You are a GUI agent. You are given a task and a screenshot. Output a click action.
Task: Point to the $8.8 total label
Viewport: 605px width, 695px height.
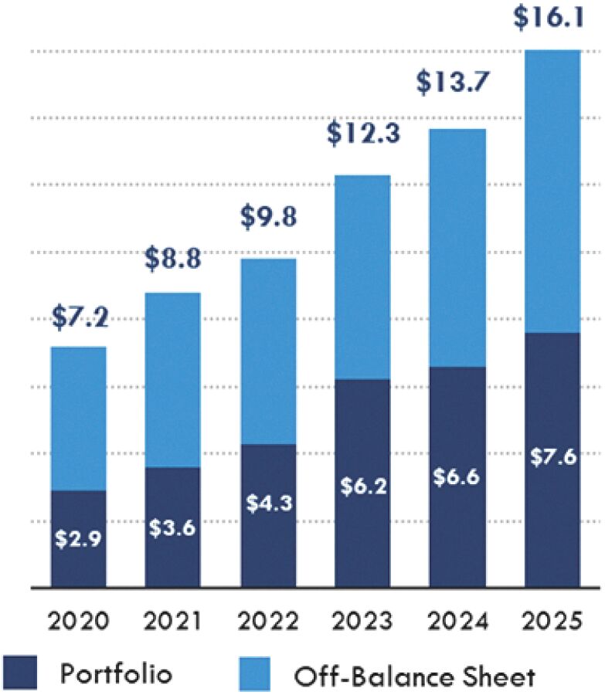tap(173, 259)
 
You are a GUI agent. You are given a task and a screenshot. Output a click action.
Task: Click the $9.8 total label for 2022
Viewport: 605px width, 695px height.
tap(267, 218)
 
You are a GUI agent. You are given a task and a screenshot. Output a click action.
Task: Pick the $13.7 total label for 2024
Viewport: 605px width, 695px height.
tap(457, 83)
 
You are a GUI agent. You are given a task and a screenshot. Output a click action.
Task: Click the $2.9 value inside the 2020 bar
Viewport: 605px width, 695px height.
tap(79, 537)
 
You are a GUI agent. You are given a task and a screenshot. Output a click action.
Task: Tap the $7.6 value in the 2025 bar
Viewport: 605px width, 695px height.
tap(552, 456)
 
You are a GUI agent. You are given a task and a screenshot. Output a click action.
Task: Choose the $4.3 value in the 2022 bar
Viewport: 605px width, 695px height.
tap(267, 502)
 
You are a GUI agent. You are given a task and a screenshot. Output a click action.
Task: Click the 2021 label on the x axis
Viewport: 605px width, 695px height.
tap(173, 621)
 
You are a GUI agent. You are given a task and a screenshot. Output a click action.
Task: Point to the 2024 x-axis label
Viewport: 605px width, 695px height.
tap(457, 621)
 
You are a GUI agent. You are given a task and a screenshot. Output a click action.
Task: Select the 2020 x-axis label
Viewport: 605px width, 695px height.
tap(79, 621)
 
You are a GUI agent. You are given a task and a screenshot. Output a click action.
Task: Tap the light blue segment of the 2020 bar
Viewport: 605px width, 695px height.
tap(79, 418)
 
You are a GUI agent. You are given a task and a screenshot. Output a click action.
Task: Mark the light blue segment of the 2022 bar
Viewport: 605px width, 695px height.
tap(267, 351)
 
